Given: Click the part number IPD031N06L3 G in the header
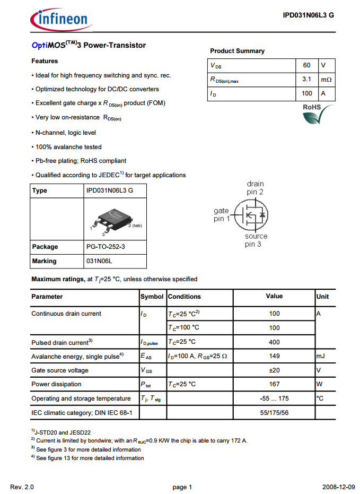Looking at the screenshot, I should tap(308, 15).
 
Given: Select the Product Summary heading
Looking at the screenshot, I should tap(237, 51).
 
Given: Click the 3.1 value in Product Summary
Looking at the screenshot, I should tap(306, 80).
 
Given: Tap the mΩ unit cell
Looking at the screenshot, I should tap(326, 80).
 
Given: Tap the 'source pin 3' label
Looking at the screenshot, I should tap(256, 240).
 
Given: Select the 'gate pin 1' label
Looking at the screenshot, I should tap(222, 215).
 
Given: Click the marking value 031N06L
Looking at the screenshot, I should tap(99, 261).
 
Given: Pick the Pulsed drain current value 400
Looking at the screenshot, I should tap(274, 342).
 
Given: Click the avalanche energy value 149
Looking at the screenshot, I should tap(274, 357).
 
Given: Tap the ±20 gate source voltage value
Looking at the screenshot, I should tap(274, 370).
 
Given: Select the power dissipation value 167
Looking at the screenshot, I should tap(274, 384).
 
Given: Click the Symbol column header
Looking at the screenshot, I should tap(152, 297).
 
